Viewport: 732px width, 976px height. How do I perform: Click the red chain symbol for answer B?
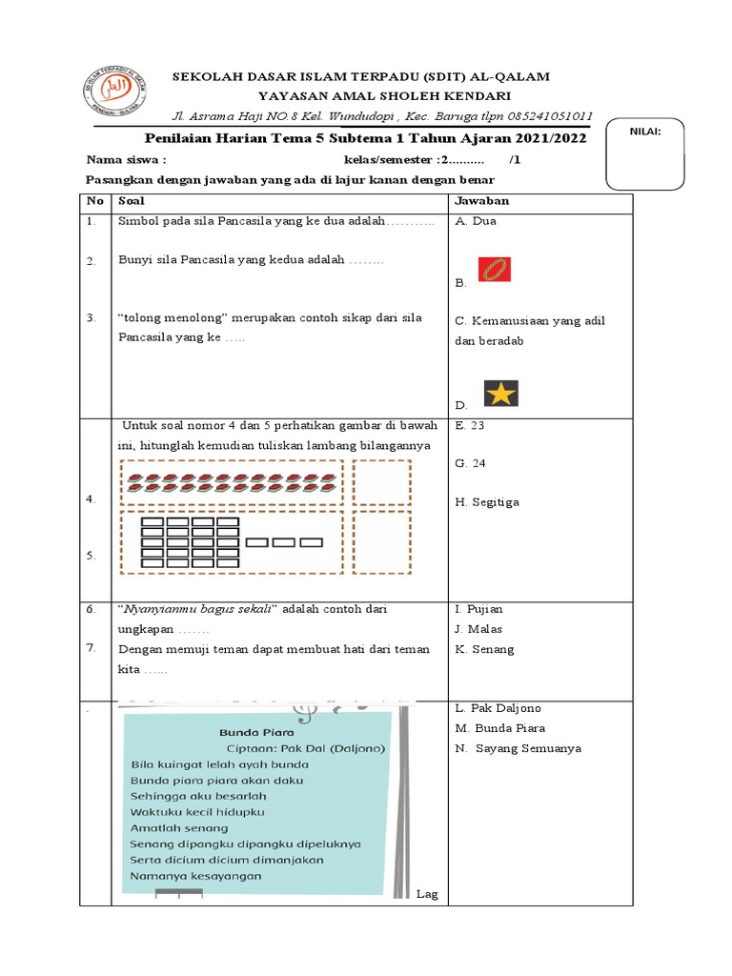tap(493, 270)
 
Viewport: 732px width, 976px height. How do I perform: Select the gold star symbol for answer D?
tap(499, 393)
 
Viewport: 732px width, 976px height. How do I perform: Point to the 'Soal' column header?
tap(131, 201)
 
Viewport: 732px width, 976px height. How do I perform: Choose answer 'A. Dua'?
tap(476, 221)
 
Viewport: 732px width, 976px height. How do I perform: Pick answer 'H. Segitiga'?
tap(487, 502)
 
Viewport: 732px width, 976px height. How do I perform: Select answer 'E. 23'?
tap(470, 426)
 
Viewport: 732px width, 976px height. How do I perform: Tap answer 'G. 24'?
tap(471, 463)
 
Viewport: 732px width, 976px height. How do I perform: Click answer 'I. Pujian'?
tap(478, 609)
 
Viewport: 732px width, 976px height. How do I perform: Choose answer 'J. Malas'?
tap(478, 629)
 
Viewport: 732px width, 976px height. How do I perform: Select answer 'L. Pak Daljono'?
tap(498, 709)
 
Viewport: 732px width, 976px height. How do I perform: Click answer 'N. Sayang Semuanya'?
tap(518, 748)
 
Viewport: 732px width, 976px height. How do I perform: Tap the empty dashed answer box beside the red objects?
tap(382, 481)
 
